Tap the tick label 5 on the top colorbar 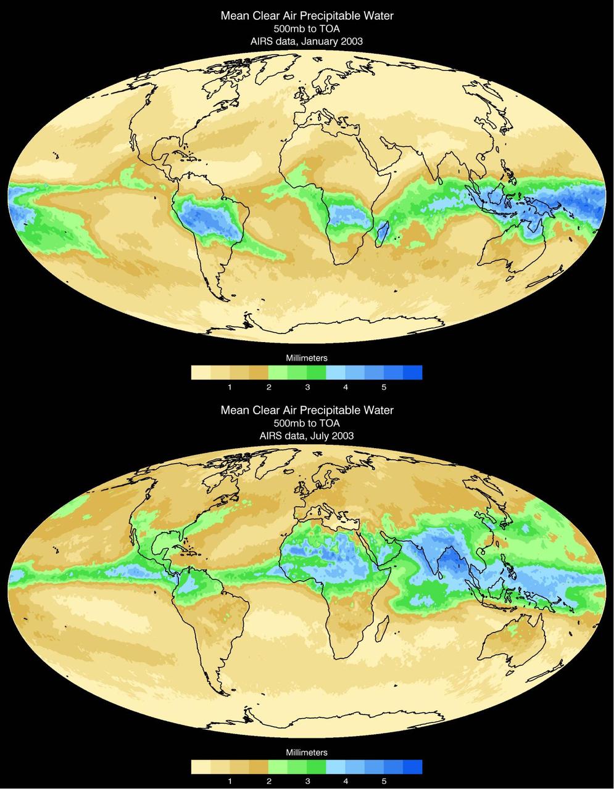(384, 387)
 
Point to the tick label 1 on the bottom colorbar (230, 781)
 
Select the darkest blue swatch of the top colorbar (412, 372)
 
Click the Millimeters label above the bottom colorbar (307, 752)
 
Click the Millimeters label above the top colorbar (307, 358)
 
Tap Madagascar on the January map (382, 234)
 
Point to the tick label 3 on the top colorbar (307, 387)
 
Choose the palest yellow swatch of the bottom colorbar (201, 766)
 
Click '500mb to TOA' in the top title (307, 28)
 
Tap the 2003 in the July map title (342, 435)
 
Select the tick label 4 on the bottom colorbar (346, 781)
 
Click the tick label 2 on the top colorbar (268, 387)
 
